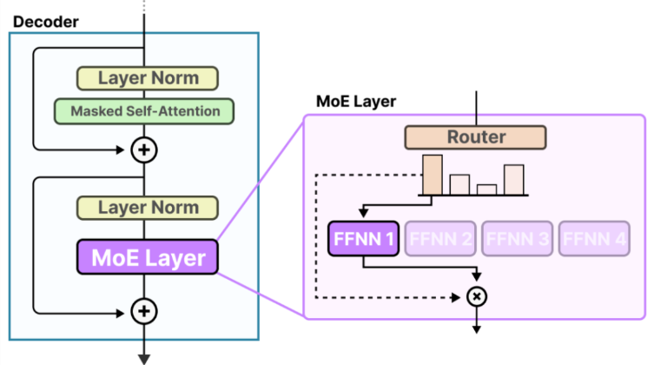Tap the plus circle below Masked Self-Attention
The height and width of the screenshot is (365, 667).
[144, 149]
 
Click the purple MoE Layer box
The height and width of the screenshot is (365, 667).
[149, 257]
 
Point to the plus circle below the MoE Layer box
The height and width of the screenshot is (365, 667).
[144, 310]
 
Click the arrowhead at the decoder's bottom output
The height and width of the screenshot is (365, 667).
[144, 355]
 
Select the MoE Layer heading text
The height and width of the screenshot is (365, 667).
[356, 103]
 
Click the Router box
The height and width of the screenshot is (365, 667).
[475, 137]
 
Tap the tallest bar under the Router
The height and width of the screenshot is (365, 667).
[432, 174]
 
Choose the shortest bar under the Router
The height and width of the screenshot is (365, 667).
[486, 189]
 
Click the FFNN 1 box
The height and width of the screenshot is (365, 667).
[363, 238]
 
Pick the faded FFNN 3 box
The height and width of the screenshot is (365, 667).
[516, 238]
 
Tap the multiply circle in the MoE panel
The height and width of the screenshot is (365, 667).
[476, 296]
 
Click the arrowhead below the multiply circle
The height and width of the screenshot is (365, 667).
[476, 330]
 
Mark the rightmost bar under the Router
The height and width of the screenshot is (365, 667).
[513, 178]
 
